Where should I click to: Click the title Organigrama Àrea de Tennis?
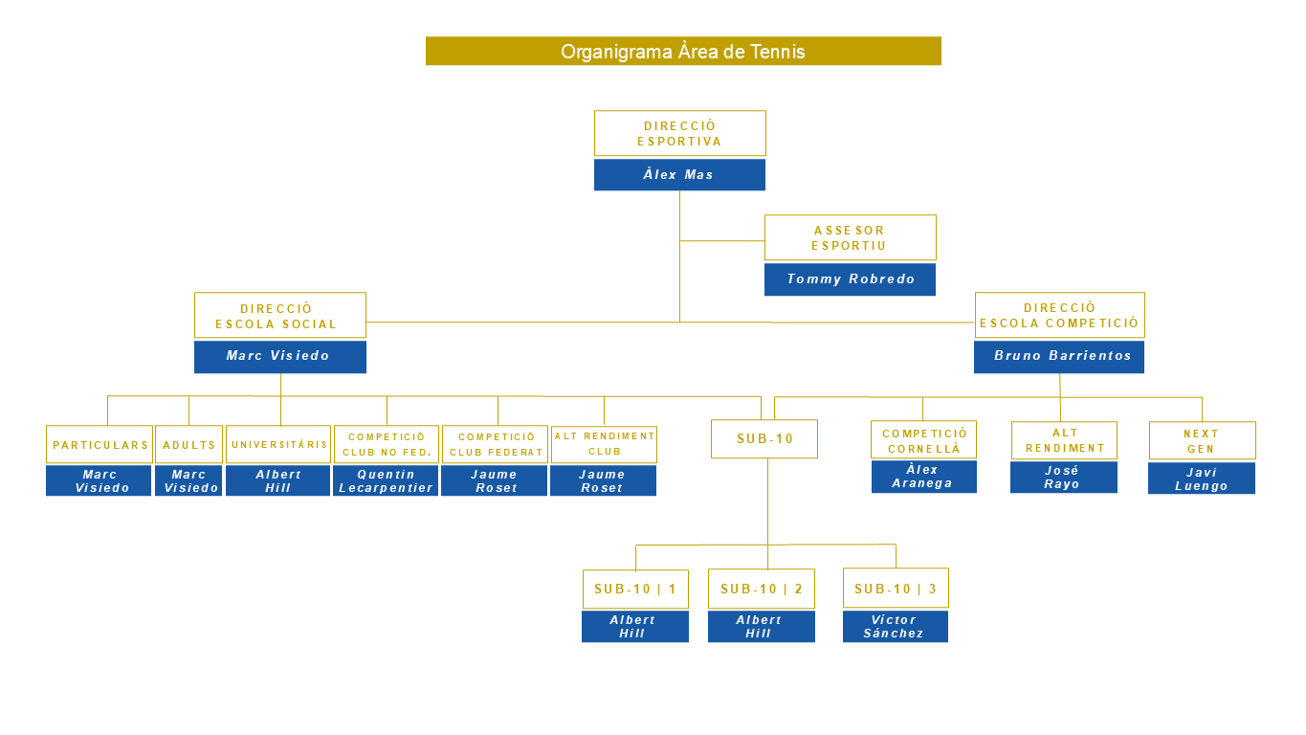coord(683,52)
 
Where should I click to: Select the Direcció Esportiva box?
coord(679,133)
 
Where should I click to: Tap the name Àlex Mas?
coord(679,175)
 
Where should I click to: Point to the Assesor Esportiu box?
coord(850,237)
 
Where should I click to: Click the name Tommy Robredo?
coord(850,279)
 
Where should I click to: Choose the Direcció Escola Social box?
coord(279,315)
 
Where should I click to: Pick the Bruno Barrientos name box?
coord(1059,356)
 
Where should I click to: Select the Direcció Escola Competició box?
coord(1059,315)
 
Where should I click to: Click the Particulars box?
coord(100,445)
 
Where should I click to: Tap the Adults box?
coord(188,445)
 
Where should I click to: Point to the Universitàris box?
coord(278,445)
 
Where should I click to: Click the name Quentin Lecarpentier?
coord(386,481)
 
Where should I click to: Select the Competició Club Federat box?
coord(495,445)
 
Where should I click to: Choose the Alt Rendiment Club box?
coord(604,445)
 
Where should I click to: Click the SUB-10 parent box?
coord(764,439)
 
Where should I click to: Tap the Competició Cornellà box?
coord(923,440)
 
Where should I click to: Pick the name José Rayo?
coord(1063,478)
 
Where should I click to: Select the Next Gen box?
coord(1202,440)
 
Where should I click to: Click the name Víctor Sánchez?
coord(895,627)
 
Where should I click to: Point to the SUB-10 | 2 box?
coord(762,589)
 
